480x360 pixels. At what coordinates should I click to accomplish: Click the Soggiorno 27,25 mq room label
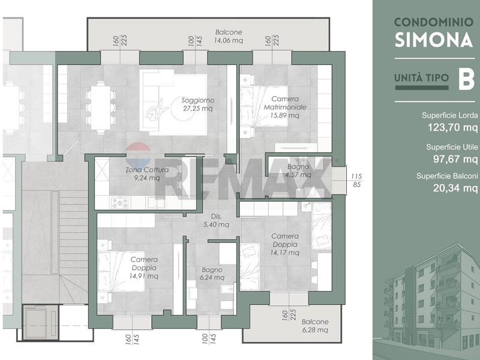(x=198, y=104)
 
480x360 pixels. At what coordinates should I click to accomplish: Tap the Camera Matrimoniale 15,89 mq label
(x=285, y=107)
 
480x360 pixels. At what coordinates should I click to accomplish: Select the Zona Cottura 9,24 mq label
(x=147, y=173)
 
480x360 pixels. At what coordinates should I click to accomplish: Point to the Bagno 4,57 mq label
(x=298, y=171)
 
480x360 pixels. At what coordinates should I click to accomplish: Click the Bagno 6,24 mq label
(x=212, y=274)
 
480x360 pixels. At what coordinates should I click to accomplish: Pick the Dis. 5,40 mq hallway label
(x=216, y=220)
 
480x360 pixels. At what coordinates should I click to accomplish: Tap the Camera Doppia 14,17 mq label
(x=284, y=244)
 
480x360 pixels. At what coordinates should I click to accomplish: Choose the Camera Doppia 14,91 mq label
(x=144, y=268)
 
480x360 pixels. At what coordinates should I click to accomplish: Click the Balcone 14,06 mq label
(x=229, y=36)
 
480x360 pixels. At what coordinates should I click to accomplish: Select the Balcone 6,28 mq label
(x=315, y=326)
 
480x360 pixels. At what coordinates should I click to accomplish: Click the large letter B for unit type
(x=466, y=79)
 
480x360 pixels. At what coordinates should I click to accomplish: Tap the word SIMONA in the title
(x=434, y=40)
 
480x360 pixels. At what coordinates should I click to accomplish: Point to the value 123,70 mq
(x=452, y=127)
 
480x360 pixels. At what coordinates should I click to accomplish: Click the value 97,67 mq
(x=455, y=158)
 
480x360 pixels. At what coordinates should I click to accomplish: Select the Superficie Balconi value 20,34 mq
(x=455, y=187)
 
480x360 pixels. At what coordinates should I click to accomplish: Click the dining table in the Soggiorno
(x=101, y=108)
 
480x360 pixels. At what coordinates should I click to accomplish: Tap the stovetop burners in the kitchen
(x=119, y=202)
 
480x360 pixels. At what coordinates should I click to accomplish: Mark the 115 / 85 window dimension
(x=356, y=181)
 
